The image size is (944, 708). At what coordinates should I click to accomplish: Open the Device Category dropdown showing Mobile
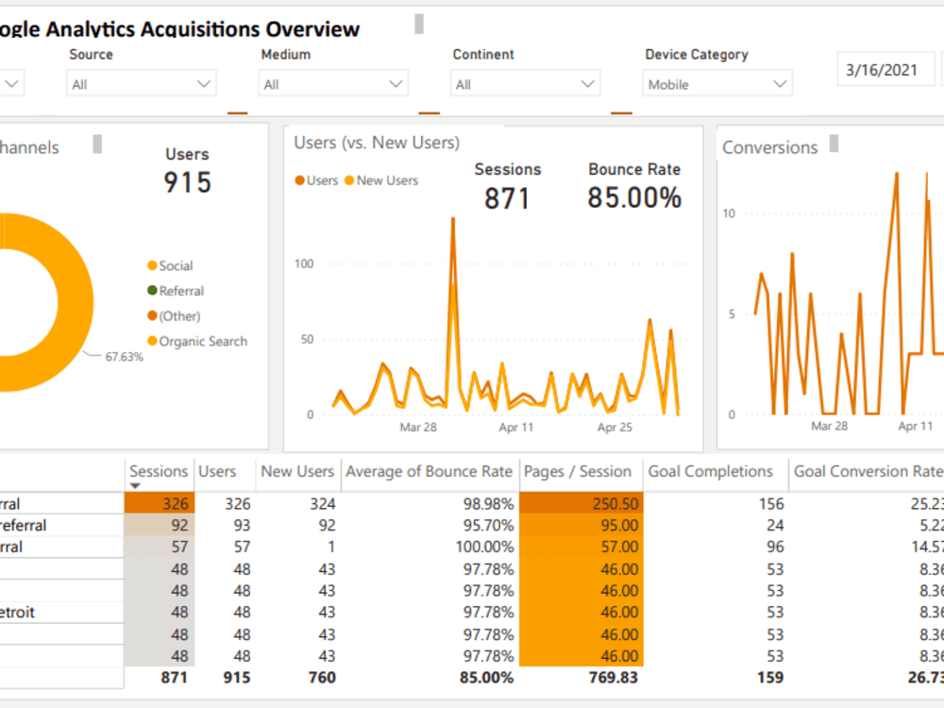click(x=717, y=84)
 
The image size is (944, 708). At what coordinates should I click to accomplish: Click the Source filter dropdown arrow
click(x=204, y=84)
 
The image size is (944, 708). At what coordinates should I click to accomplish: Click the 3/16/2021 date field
click(x=882, y=70)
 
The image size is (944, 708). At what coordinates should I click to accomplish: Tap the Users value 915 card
click(x=187, y=181)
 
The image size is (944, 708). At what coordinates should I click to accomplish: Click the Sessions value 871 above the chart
click(x=507, y=198)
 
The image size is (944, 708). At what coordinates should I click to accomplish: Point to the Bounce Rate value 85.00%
click(x=633, y=197)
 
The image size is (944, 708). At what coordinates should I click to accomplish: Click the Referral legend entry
click(x=180, y=291)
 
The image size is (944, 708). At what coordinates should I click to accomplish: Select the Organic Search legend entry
click(x=202, y=341)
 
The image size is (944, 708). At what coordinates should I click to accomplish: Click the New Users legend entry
click(x=387, y=180)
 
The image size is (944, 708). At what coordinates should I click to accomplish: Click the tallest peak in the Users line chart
click(x=453, y=219)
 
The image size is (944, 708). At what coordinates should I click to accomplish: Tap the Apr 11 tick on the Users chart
click(x=516, y=428)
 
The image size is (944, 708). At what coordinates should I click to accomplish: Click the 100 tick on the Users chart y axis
click(x=303, y=263)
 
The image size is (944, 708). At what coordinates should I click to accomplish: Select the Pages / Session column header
click(x=577, y=471)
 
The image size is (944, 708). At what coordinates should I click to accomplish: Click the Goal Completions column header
click(x=710, y=471)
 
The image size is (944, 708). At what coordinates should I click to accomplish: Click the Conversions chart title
click(x=769, y=147)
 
